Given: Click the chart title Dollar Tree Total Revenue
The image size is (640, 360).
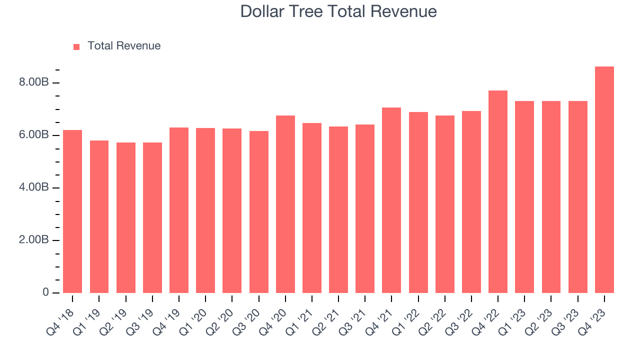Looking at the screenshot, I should [338, 11].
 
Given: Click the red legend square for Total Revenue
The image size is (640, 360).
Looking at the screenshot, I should [76, 46].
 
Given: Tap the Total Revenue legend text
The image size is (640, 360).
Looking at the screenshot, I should [124, 46].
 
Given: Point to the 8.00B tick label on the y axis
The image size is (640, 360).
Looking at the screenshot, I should [34, 82].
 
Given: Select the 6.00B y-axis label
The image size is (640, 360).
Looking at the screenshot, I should [34, 135].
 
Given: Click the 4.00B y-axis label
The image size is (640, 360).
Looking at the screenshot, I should [34, 187].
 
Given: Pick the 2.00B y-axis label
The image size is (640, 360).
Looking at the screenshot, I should [34, 240].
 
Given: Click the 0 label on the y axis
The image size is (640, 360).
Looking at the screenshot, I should [46, 292].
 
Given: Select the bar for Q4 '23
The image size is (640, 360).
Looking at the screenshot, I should [604, 180].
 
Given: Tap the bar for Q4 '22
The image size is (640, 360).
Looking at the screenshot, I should [498, 192].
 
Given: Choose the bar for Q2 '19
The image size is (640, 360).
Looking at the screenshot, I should [126, 217].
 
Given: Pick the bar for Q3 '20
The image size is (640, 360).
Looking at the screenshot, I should [259, 212].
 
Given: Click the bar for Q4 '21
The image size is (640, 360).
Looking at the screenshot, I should [391, 200].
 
